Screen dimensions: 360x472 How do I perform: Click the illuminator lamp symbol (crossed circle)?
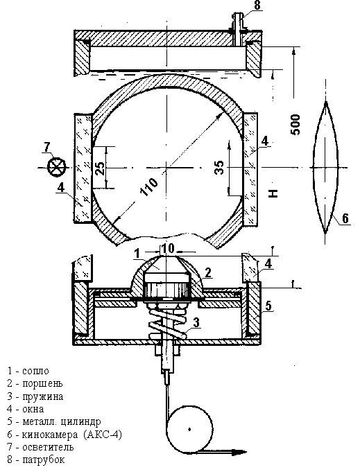(57, 166)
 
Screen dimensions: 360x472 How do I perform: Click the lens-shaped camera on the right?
(325, 167)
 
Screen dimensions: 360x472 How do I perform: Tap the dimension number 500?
(295, 125)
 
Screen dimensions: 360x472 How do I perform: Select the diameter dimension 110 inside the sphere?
(149, 187)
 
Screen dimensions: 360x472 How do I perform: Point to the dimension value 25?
(99, 168)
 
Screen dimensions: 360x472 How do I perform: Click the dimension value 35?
(219, 168)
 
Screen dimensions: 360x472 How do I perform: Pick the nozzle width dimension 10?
(167, 249)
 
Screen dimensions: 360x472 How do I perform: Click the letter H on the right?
(273, 193)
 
